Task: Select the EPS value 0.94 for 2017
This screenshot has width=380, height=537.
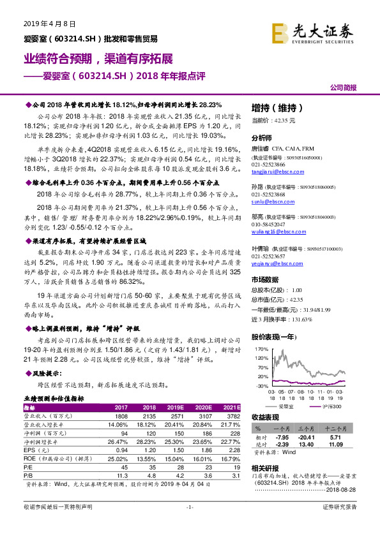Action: pyautogui.click(x=121, y=449)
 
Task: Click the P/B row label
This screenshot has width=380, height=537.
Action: pyautogui.click(x=27, y=474)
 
